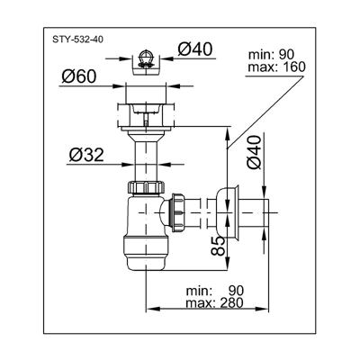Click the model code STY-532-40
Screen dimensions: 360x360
(78, 40)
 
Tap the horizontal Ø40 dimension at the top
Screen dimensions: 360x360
(194, 49)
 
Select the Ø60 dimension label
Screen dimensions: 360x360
(79, 76)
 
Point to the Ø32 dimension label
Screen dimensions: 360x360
(86, 155)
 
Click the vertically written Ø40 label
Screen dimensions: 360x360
(254, 153)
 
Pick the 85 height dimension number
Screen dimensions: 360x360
(218, 246)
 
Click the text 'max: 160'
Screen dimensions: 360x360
(276, 67)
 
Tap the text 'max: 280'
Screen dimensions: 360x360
(214, 302)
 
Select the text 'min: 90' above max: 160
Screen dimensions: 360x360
(272, 55)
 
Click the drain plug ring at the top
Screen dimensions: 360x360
(146, 58)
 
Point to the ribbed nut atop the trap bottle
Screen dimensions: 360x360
(146, 187)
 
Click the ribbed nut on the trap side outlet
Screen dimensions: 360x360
(177, 212)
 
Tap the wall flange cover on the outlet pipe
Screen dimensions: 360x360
(229, 212)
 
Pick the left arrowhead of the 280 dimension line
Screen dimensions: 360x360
(152, 309)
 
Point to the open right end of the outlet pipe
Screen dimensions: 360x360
(266, 212)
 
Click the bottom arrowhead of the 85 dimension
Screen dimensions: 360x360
(228, 264)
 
